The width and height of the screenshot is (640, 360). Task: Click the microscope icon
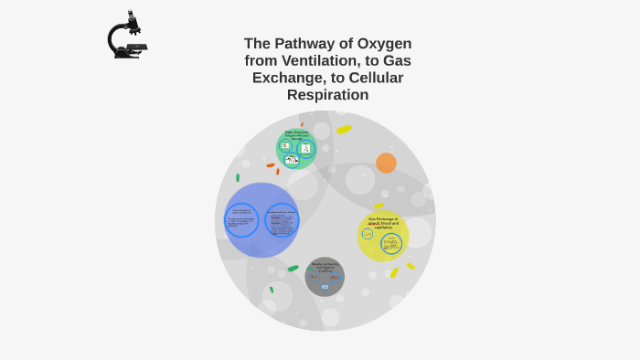pos(126,36)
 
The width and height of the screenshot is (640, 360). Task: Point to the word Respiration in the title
pos(327,95)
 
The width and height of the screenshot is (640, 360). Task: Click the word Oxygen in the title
pos(381,43)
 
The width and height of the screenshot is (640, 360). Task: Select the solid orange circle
pos(386,163)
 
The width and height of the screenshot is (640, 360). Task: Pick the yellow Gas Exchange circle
pos(383,236)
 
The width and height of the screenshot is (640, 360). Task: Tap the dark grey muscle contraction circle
pos(325,277)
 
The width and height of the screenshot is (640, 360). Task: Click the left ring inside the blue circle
pos(241,220)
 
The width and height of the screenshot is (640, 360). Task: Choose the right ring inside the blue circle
pos(282,220)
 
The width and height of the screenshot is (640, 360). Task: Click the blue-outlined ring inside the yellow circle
pos(391,244)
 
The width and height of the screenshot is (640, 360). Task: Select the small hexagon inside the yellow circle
pos(368,234)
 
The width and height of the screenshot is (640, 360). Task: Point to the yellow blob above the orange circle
pos(344,130)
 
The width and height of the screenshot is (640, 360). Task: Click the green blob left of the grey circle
pos(293,269)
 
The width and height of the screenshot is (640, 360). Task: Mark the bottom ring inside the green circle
pos(292,160)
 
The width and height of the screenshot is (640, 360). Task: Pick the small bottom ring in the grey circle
pos(325,287)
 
